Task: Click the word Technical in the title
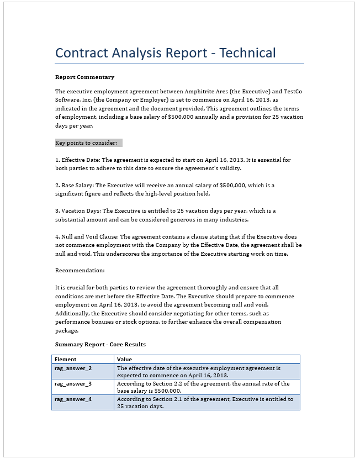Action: click(x=247, y=53)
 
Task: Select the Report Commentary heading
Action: click(x=84, y=77)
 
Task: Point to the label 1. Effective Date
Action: click(x=78, y=160)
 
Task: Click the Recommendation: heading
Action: click(x=80, y=271)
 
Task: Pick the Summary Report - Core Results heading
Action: click(x=100, y=344)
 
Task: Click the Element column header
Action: click(x=66, y=360)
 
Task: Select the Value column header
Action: click(x=125, y=360)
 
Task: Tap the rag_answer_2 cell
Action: click(x=73, y=368)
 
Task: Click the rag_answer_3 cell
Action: click(x=73, y=383)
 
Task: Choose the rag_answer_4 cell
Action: click(x=73, y=399)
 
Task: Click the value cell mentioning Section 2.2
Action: click(x=203, y=387)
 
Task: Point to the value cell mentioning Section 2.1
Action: click(x=205, y=402)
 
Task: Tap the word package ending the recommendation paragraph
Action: click(x=67, y=330)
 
